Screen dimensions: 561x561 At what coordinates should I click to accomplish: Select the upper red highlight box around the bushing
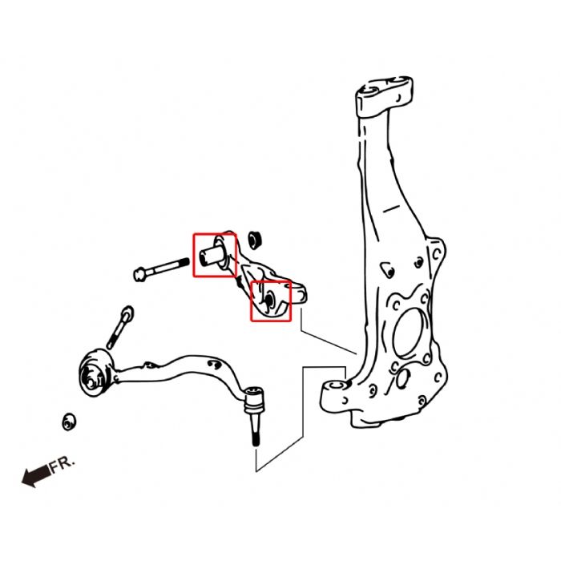coord(214,255)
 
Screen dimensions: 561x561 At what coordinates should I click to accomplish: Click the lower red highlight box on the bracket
coord(271,301)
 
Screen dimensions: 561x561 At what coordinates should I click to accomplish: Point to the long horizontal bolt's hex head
coord(141,274)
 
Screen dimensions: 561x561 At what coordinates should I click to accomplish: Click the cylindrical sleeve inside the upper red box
coord(212,253)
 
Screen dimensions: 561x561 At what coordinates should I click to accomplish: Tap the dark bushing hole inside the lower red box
coord(269,300)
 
